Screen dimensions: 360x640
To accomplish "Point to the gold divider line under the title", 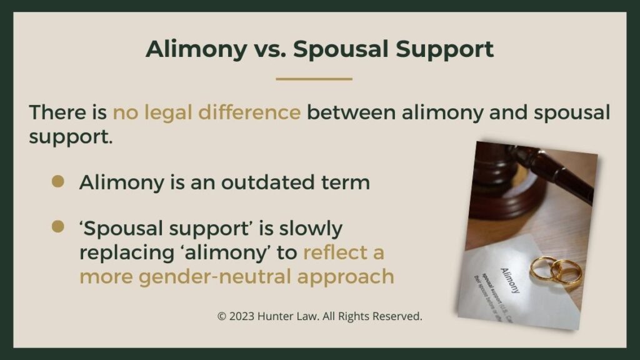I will coord(314,79).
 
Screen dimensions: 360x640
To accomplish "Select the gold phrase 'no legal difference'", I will coord(206,113).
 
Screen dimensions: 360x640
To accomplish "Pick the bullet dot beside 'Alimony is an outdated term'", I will coord(59,181).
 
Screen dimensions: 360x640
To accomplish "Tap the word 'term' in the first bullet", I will coord(347,182).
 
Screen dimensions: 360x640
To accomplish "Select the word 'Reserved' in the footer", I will coord(397,317).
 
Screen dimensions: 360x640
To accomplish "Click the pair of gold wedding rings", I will coord(556,270).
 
